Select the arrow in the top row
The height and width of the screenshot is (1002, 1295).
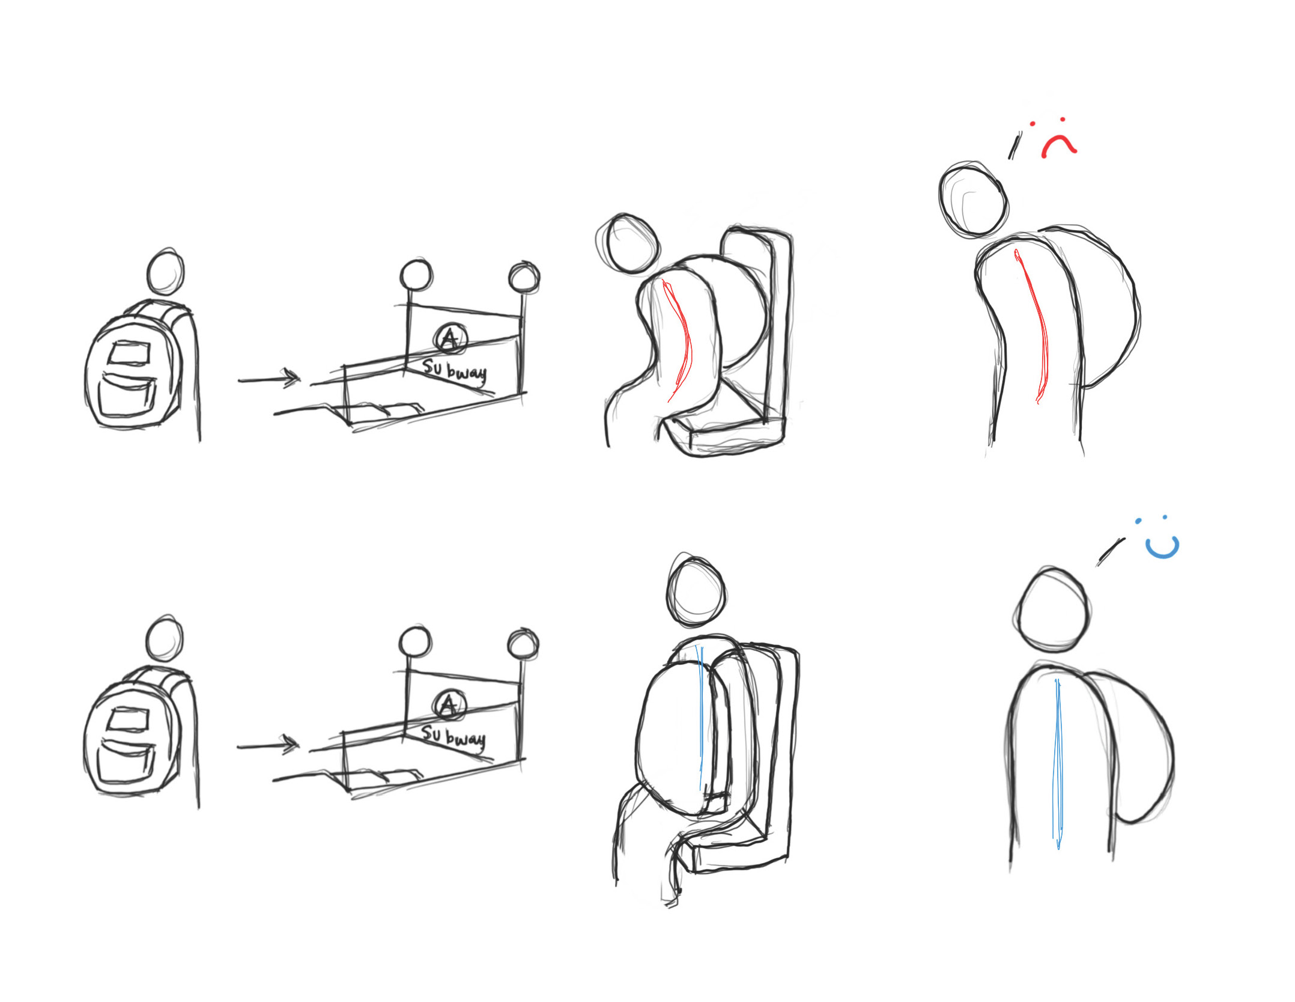(x=269, y=379)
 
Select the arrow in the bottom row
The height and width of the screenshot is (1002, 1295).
(x=268, y=745)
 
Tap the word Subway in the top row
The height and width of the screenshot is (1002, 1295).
(x=454, y=371)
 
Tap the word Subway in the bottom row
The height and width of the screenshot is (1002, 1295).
(x=453, y=738)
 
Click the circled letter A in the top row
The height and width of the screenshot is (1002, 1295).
(x=450, y=339)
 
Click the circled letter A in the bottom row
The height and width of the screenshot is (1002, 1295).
(x=449, y=705)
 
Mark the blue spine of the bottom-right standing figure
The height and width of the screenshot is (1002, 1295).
(x=1058, y=763)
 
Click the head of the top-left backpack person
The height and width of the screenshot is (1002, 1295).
(x=165, y=272)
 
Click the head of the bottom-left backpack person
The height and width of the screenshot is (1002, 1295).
(x=165, y=638)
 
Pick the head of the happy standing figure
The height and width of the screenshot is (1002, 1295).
(x=1052, y=609)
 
